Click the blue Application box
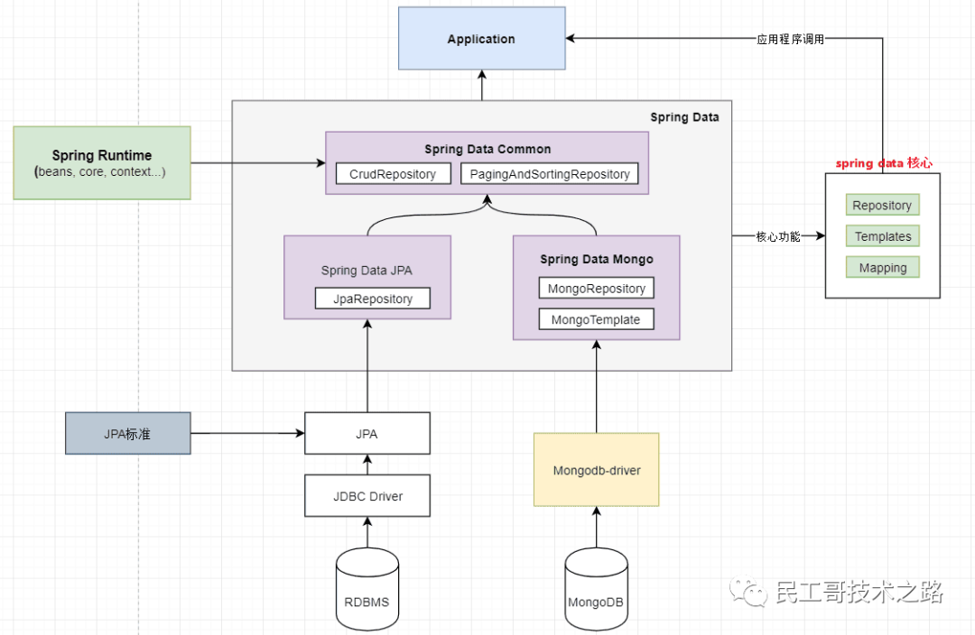point(482,39)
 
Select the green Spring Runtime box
point(102,162)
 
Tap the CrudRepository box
point(393,174)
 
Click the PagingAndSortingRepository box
point(550,174)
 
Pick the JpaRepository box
point(372,299)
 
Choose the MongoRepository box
point(596,289)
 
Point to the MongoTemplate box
point(596,319)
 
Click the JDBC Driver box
point(367,495)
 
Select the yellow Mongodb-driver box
point(596,470)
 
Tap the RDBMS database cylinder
point(367,591)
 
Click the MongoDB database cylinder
point(596,591)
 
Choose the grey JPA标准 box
point(127,434)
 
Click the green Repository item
point(882,206)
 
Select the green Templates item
point(882,236)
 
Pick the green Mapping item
point(882,268)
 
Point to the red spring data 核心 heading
point(883,163)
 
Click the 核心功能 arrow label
point(777,237)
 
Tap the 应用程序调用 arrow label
point(790,40)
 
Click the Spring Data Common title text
point(487,149)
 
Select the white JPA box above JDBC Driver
point(367,434)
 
